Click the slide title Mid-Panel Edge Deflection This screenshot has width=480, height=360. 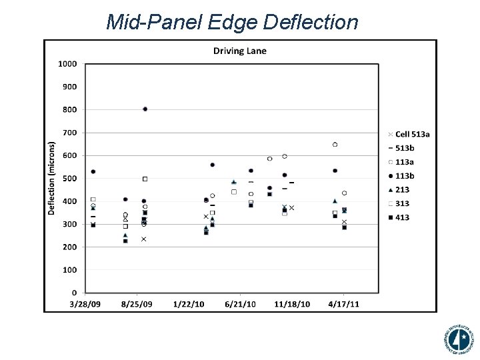232,22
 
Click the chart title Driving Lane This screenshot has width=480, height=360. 239,51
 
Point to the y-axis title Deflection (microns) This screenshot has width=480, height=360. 51,178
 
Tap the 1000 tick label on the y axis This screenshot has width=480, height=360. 67,64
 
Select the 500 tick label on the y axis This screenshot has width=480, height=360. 69,179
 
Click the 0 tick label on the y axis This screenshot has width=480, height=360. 73,293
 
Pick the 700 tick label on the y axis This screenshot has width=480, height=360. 69,133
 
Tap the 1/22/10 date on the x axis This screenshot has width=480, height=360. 189,304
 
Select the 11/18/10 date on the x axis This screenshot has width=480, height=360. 292,304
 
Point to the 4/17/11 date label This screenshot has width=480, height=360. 344,304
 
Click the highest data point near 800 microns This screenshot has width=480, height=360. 145,109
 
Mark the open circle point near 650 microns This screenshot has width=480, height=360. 335,145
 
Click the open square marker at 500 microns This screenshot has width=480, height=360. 145,179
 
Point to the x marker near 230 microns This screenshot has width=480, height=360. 143,239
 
